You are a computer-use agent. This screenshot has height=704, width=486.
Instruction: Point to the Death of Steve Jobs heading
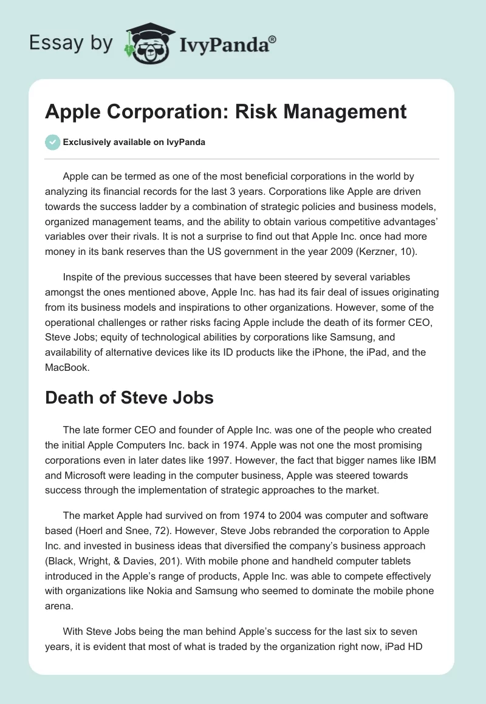129,399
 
